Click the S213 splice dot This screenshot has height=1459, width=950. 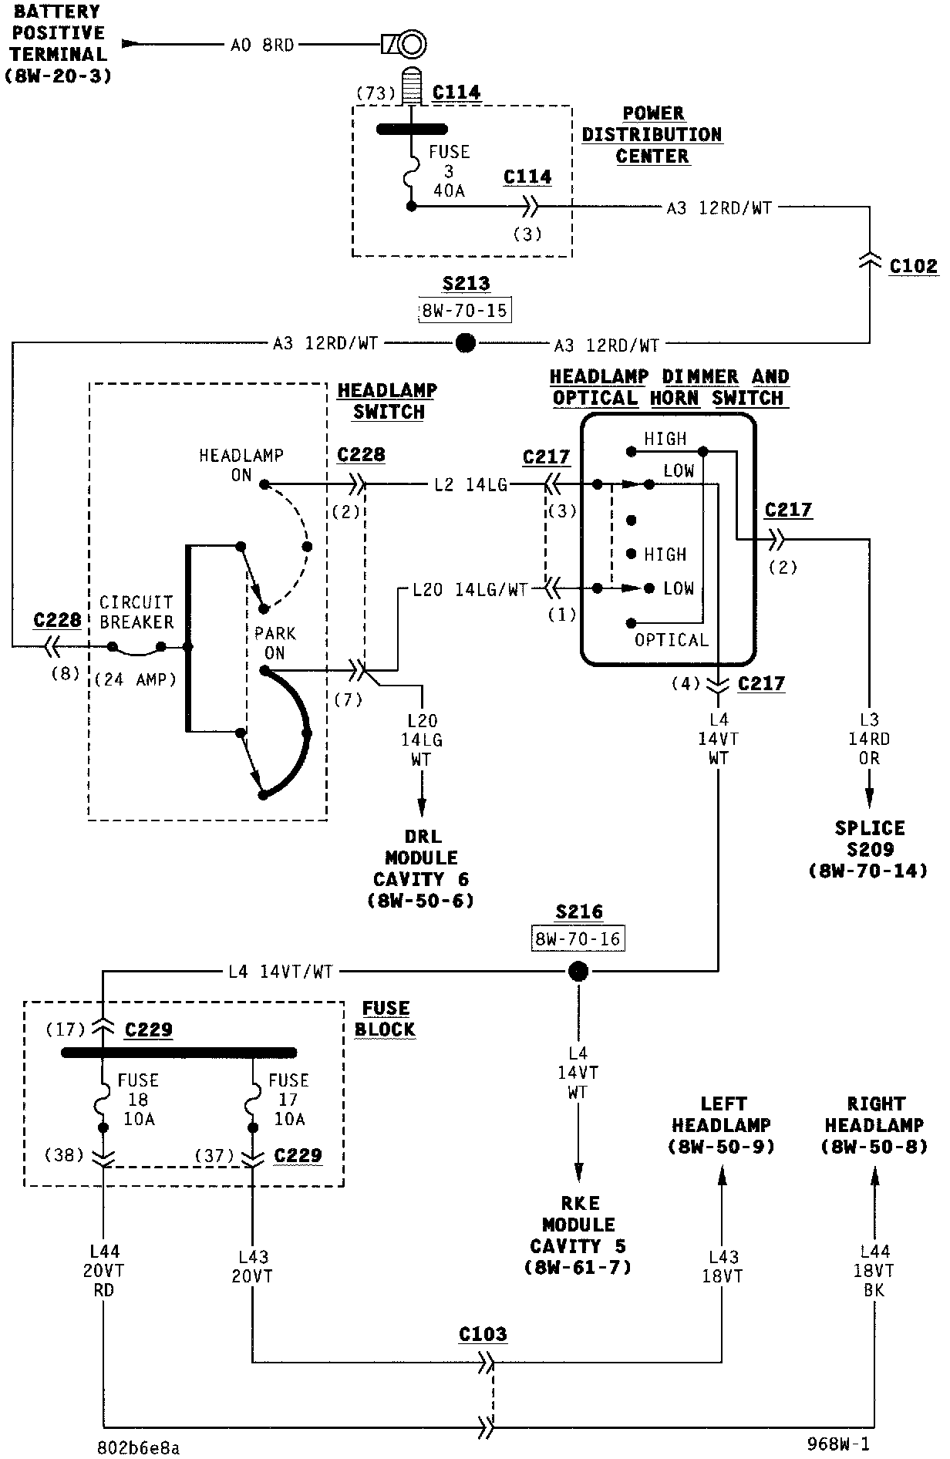(466, 343)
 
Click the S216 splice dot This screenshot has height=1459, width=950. (578, 971)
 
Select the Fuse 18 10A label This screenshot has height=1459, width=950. (138, 1100)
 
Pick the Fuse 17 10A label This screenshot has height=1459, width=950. (288, 1100)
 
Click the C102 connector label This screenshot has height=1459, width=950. (913, 267)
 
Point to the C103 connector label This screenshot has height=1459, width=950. (483, 1335)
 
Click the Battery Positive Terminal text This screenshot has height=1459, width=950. (58, 44)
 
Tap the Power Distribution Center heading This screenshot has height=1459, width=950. (652, 135)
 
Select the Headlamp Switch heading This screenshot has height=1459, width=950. (387, 401)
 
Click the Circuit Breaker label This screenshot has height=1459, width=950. (136, 612)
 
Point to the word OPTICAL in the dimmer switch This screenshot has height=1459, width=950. (671, 640)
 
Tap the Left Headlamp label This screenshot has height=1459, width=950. (721, 1125)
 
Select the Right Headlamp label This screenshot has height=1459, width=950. (874, 1125)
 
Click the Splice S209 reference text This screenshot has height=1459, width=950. (869, 849)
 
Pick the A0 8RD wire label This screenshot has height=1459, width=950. (262, 45)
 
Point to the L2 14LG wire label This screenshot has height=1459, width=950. (470, 485)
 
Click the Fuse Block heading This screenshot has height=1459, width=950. (386, 1019)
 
